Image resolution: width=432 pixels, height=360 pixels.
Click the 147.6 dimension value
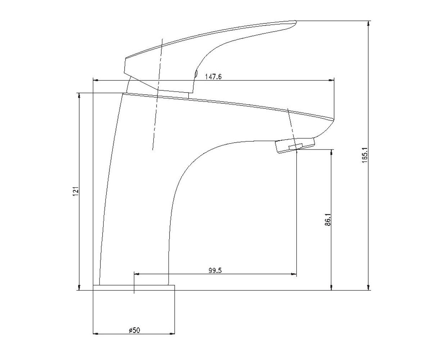[x=213, y=77]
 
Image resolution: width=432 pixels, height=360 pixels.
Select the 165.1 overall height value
[x=365, y=155]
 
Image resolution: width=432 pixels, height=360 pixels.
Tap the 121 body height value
[x=76, y=192]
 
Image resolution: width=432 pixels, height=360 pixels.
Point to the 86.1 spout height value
[x=328, y=220]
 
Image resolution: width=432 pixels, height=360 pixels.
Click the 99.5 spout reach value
[x=215, y=270]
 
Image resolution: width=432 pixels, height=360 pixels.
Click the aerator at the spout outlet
[x=295, y=145]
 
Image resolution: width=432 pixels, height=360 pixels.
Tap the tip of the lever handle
[x=296, y=21]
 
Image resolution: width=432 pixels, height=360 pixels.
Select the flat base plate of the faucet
[x=134, y=288]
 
